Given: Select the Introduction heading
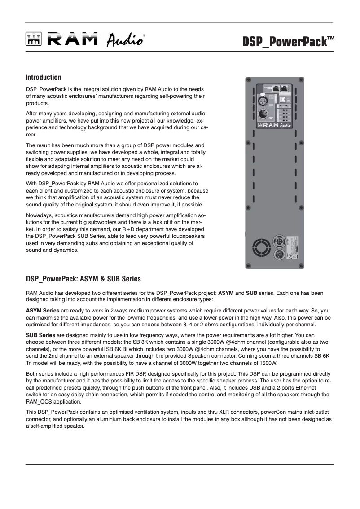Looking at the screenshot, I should pos(43,78).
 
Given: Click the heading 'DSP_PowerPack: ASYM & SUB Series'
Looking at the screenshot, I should pos(83,279).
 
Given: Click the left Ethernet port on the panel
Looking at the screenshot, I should pos(276,88).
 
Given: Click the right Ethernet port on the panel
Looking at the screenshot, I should pos(285,88).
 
